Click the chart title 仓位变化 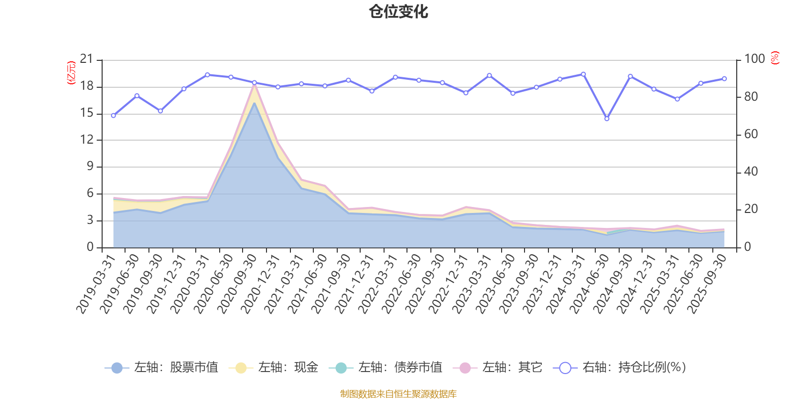[398, 11]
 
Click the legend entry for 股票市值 [161, 368]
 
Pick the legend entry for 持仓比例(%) [620, 368]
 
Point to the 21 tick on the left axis [87, 59]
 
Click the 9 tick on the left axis [90, 167]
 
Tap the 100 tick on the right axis [754, 59]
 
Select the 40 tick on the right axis [751, 172]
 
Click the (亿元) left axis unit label [71, 73]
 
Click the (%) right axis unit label [775, 58]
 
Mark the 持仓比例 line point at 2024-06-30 [607, 119]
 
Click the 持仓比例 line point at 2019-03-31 [113, 116]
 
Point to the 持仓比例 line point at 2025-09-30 [724, 79]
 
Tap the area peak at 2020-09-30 [254, 86]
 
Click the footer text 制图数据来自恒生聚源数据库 [398, 394]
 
